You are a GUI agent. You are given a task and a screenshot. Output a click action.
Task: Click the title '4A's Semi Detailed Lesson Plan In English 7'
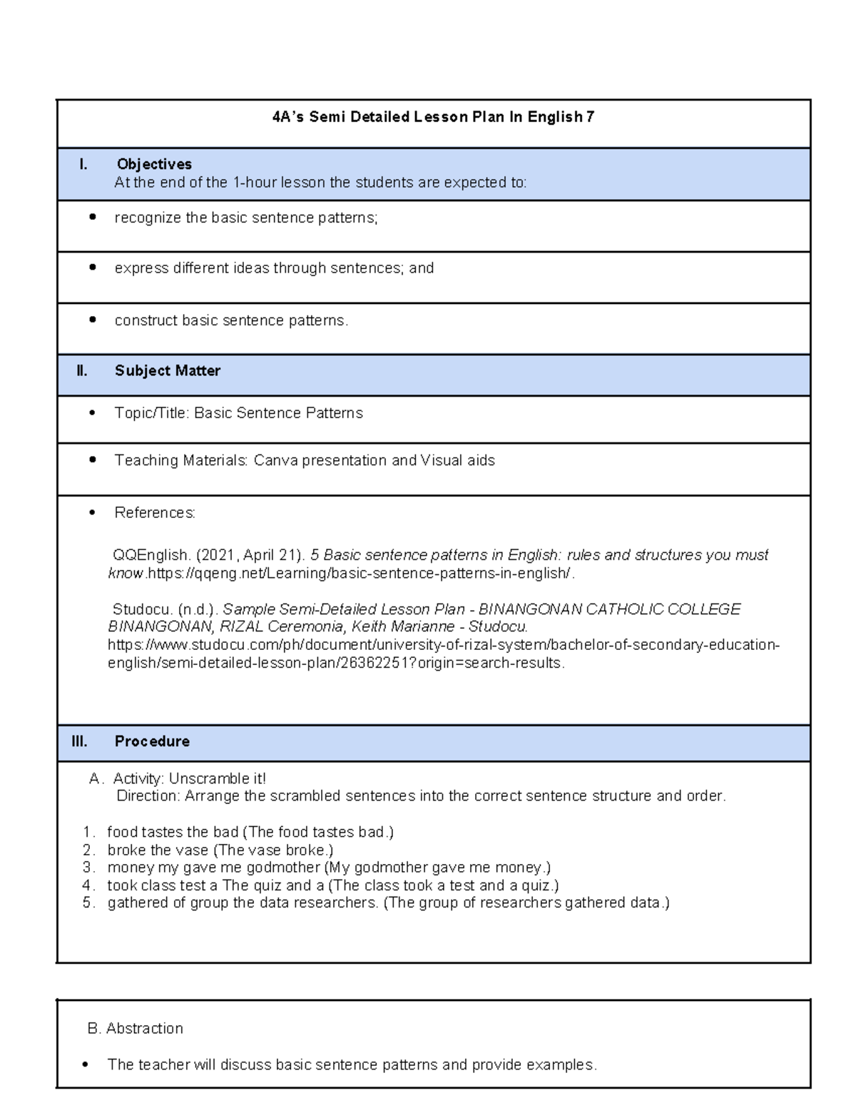pyautogui.click(x=433, y=117)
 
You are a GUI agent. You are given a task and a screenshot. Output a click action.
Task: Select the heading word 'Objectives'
pyautogui.click(x=154, y=164)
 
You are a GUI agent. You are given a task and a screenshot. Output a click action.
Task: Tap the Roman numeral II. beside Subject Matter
pyautogui.click(x=82, y=371)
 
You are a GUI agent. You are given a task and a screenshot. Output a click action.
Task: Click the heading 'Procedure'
pyautogui.click(x=152, y=741)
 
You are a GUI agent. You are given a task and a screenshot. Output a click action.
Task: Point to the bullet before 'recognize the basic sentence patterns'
pyautogui.click(x=92, y=217)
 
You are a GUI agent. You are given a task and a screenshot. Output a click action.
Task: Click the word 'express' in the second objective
pyautogui.click(x=140, y=268)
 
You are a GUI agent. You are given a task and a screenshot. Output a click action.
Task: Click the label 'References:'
pyautogui.click(x=155, y=513)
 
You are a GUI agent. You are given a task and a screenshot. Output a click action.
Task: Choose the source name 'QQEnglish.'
pyautogui.click(x=152, y=555)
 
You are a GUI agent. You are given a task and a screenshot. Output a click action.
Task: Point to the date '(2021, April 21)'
pyautogui.click(x=251, y=555)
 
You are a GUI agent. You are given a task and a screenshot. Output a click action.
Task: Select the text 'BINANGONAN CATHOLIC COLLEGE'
pyautogui.click(x=609, y=609)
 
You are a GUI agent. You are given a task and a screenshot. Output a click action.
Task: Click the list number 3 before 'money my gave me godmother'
pyautogui.click(x=88, y=868)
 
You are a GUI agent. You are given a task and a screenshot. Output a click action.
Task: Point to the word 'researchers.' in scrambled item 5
pyautogui.click(x=337, y=903)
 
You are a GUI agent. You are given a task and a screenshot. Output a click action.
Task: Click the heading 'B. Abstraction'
pyautogui.click(x=135, y=1028)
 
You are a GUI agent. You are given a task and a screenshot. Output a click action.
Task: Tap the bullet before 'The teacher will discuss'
pyautogui.click(x=86, y=1065)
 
